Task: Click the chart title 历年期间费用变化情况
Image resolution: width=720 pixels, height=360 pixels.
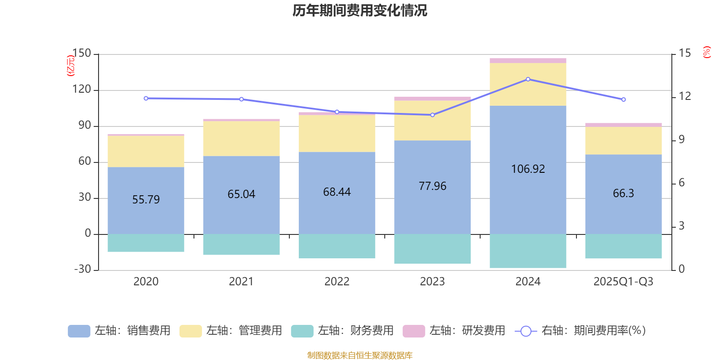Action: coord(360,10)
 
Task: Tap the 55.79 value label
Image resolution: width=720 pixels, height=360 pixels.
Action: coord(146,199)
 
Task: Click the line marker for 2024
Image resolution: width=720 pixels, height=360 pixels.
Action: coord(528,79)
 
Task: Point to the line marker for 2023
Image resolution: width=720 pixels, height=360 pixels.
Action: coord(432,115)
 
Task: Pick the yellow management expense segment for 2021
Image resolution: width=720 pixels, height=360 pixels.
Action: coord(241,139)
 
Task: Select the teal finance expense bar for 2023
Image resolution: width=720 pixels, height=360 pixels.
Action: coord(432,249)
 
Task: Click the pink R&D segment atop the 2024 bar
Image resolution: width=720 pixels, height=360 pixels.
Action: coord(528,60)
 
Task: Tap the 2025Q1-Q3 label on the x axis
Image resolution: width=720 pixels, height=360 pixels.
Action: coord(623,282)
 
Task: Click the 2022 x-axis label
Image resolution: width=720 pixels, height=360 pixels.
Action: coord(337,282)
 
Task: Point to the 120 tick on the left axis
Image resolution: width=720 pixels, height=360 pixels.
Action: coord(82,90)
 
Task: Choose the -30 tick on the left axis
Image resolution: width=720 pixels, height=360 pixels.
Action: coord(82,269)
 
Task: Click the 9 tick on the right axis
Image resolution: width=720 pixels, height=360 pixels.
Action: coord(681,139)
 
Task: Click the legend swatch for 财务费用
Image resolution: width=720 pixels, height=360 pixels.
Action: coord(302,331)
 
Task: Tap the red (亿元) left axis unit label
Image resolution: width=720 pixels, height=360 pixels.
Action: coord(71,66)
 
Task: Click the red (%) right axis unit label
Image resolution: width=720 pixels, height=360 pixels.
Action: coord(706,52)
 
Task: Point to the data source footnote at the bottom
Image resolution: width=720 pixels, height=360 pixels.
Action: coord(360,355)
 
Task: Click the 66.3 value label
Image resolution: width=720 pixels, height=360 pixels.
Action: coord(623,193)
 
